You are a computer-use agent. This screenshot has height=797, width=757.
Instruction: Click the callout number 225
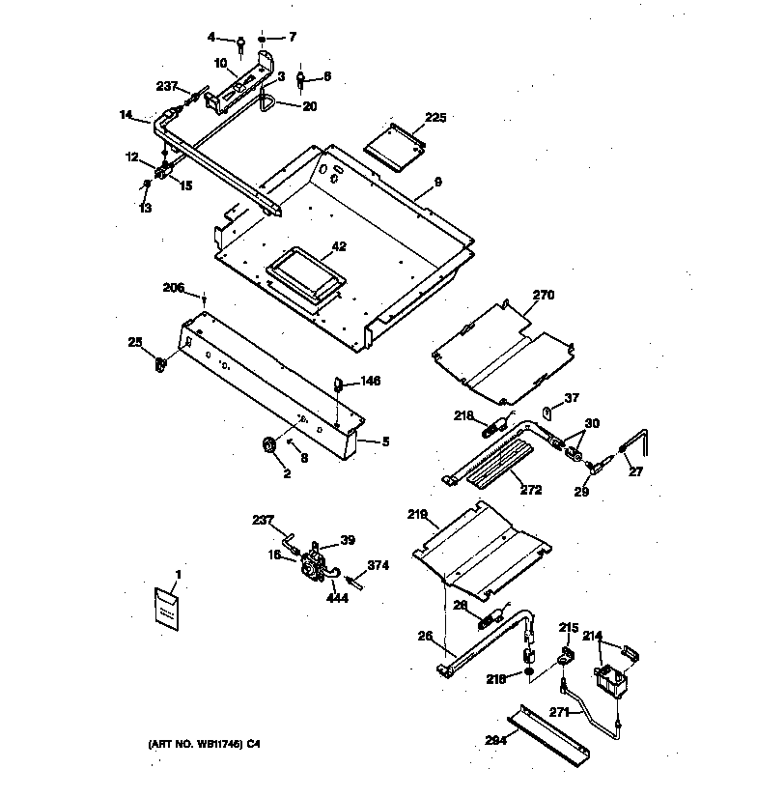coord(436,118)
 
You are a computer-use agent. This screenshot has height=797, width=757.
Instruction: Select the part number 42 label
coord(339,246)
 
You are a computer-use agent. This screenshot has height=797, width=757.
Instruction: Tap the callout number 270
coord(544,295)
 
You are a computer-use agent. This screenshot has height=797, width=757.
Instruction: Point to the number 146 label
coord(371,382)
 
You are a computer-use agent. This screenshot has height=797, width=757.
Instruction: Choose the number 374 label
coord(378,566)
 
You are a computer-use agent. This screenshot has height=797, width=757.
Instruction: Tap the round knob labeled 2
coord(267,444)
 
